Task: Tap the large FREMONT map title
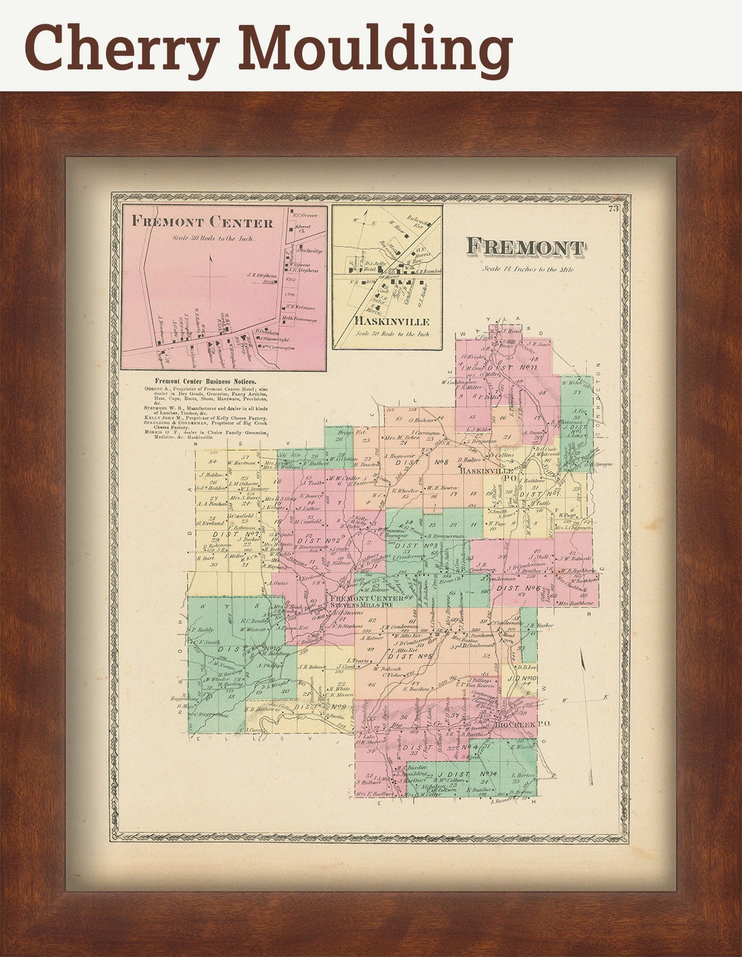[x=525, y=247]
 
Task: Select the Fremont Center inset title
[x=202, y=222]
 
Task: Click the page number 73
[x=612, y=208]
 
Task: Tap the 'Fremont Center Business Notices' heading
[x=205, y=381]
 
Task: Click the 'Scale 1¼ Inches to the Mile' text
[x=528, y=269]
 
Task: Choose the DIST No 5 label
[x=410, y=656]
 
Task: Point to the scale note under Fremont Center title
[x=214, y=238]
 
